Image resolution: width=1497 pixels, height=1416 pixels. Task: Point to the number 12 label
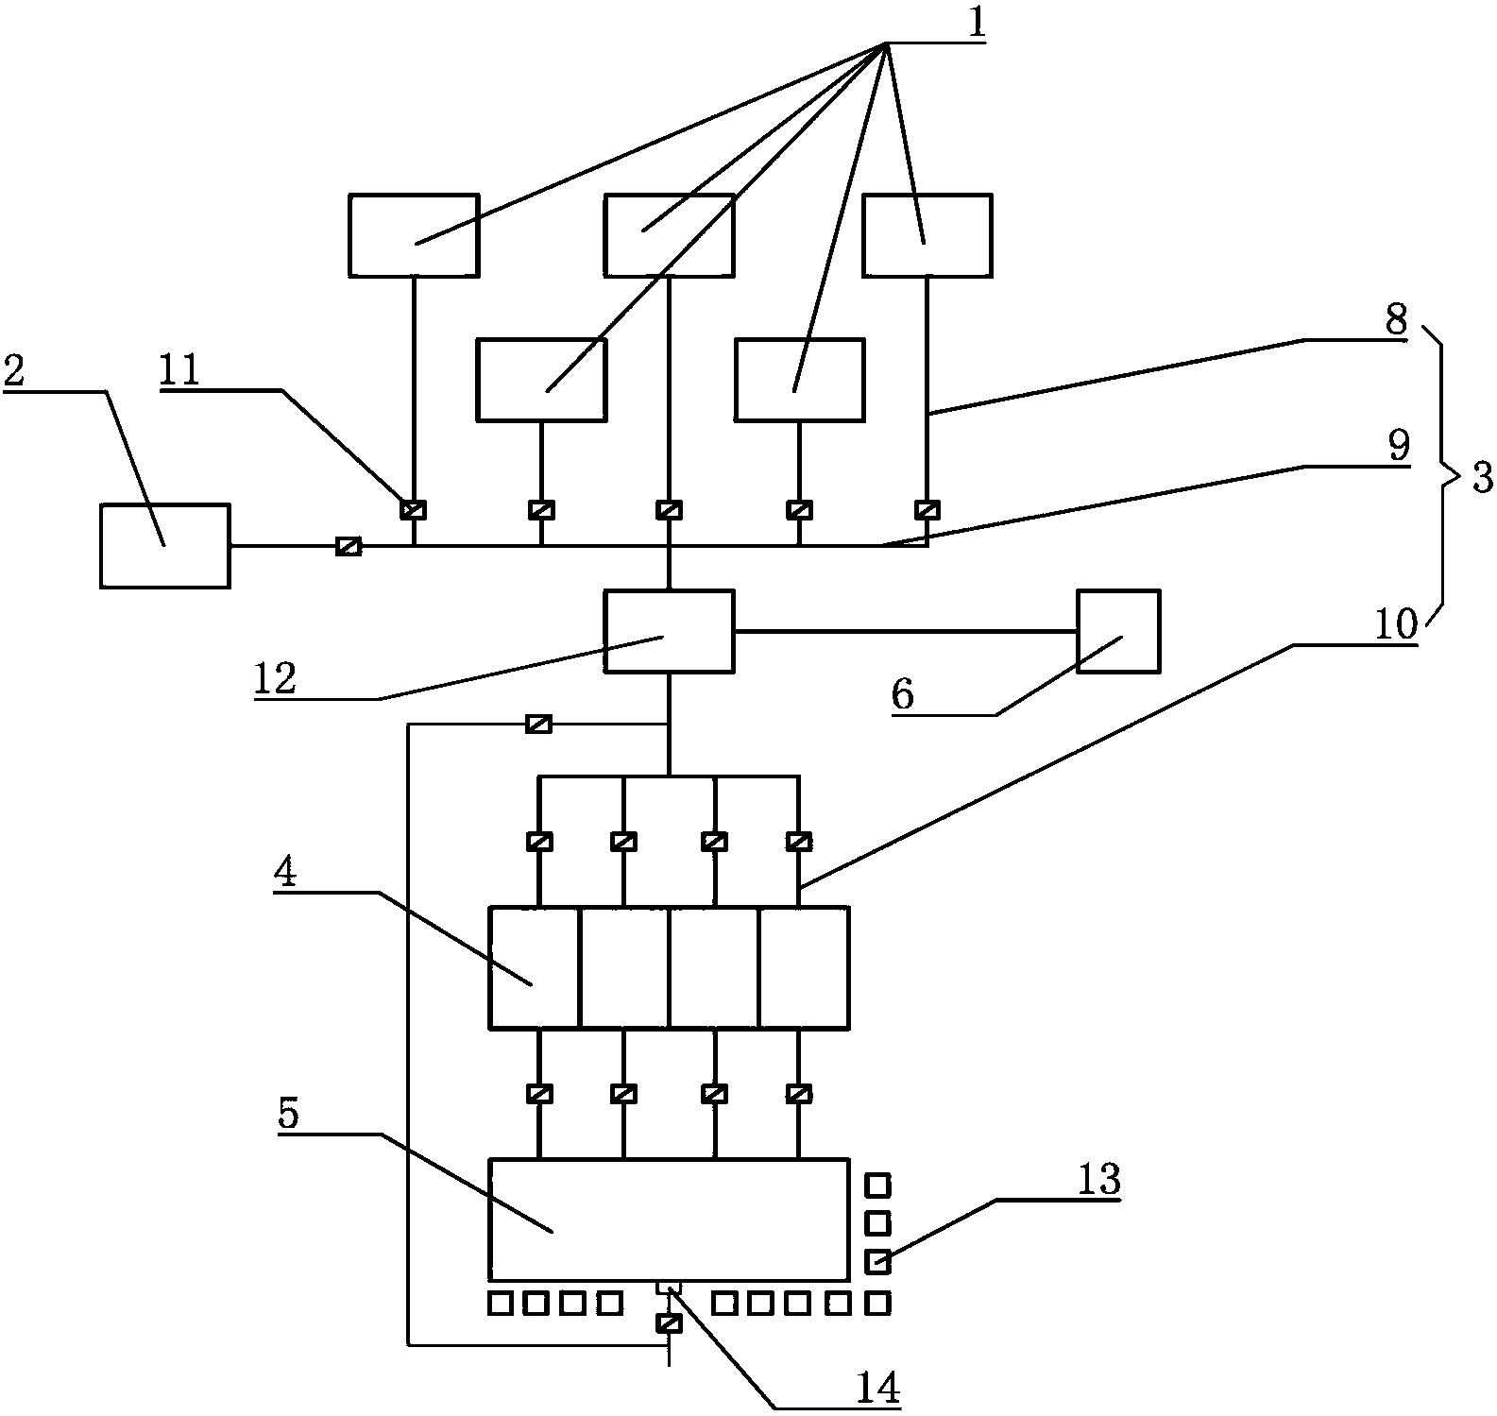pos(275,678)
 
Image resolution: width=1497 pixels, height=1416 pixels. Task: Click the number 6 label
pos(902,695)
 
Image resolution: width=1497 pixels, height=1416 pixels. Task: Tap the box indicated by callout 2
pos(164,546)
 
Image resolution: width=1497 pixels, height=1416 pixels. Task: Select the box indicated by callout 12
pos(669,631)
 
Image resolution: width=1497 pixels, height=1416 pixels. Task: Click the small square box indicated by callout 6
pos(1118,631)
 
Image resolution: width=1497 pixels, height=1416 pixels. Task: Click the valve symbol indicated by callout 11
pos(413,510)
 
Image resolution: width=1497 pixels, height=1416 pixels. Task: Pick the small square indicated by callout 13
pos(878,1261)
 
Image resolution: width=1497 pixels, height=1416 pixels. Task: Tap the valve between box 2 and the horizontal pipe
pos(349,546)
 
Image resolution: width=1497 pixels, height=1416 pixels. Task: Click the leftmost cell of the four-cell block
pos(534,967)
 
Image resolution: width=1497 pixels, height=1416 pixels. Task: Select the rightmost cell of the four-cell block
pos(804,967)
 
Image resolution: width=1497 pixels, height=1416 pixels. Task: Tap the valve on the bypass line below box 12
pos(538,725)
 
